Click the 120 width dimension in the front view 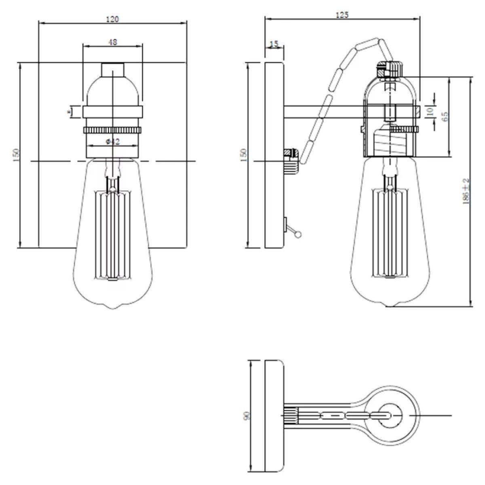click(x=113, y=19)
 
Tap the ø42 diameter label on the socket click(x=113, y=141)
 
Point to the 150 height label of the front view click(x=16, y=155)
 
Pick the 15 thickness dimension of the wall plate click(x=274, y=44)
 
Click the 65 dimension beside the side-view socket click(x=445, y=116)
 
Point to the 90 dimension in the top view click(x=247, y=415)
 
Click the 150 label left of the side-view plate click(x=243, y=155)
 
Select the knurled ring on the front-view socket click(x=113, y=130)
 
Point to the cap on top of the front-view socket click(x=113, y=69)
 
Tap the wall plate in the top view click(x=274, y=415)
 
